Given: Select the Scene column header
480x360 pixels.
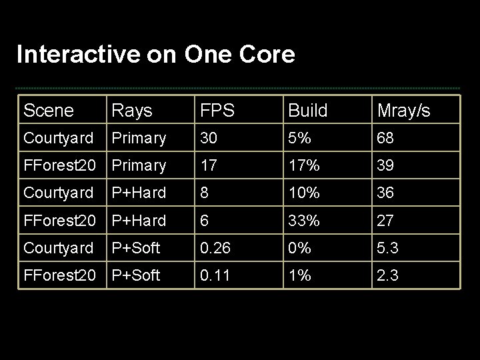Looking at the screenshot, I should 48,111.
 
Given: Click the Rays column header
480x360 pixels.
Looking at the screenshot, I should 132,111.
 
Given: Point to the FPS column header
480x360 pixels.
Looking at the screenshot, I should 216,111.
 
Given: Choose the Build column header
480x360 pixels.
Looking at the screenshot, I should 308,111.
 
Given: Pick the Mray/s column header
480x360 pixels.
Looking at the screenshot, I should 404,111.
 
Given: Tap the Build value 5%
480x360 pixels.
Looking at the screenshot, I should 299,138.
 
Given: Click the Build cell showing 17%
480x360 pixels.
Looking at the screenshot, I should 304,165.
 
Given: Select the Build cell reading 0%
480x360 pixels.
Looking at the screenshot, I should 299,248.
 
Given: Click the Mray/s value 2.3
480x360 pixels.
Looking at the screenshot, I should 388,275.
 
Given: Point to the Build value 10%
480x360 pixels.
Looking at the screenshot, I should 304,193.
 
